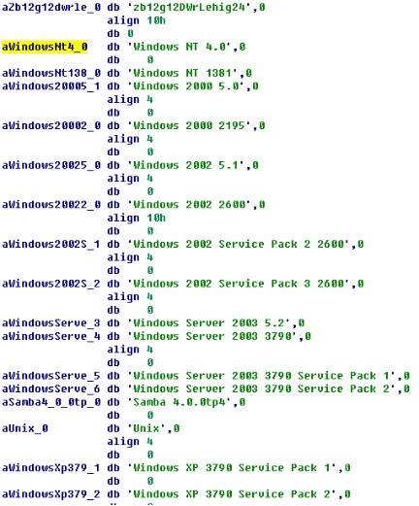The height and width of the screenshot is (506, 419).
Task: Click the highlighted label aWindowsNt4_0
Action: [45, 47]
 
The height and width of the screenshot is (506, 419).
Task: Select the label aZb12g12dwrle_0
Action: [51, 7]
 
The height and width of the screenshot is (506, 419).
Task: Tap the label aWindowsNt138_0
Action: [51, 73]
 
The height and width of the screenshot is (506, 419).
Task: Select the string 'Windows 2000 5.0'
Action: [186, 86]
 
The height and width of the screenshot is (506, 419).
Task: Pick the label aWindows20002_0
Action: [51, 126]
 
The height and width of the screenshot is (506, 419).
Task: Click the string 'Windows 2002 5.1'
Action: [186, 165]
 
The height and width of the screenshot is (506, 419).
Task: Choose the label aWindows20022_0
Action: [51, 205]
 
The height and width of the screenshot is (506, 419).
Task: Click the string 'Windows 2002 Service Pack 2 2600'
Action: [239, 245]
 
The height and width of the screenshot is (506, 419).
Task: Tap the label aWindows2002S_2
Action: [51, 284]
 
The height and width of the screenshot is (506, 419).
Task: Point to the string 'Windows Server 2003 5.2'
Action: [209, 323]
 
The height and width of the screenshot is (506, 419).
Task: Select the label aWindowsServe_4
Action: [51, 337]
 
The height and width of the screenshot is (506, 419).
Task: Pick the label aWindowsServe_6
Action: [51, 389]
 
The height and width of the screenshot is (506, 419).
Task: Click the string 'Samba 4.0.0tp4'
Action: [179, 402]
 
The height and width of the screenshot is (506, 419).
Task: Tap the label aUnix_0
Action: [25, 429]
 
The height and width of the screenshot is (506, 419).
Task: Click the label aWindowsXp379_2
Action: [51, 494]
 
